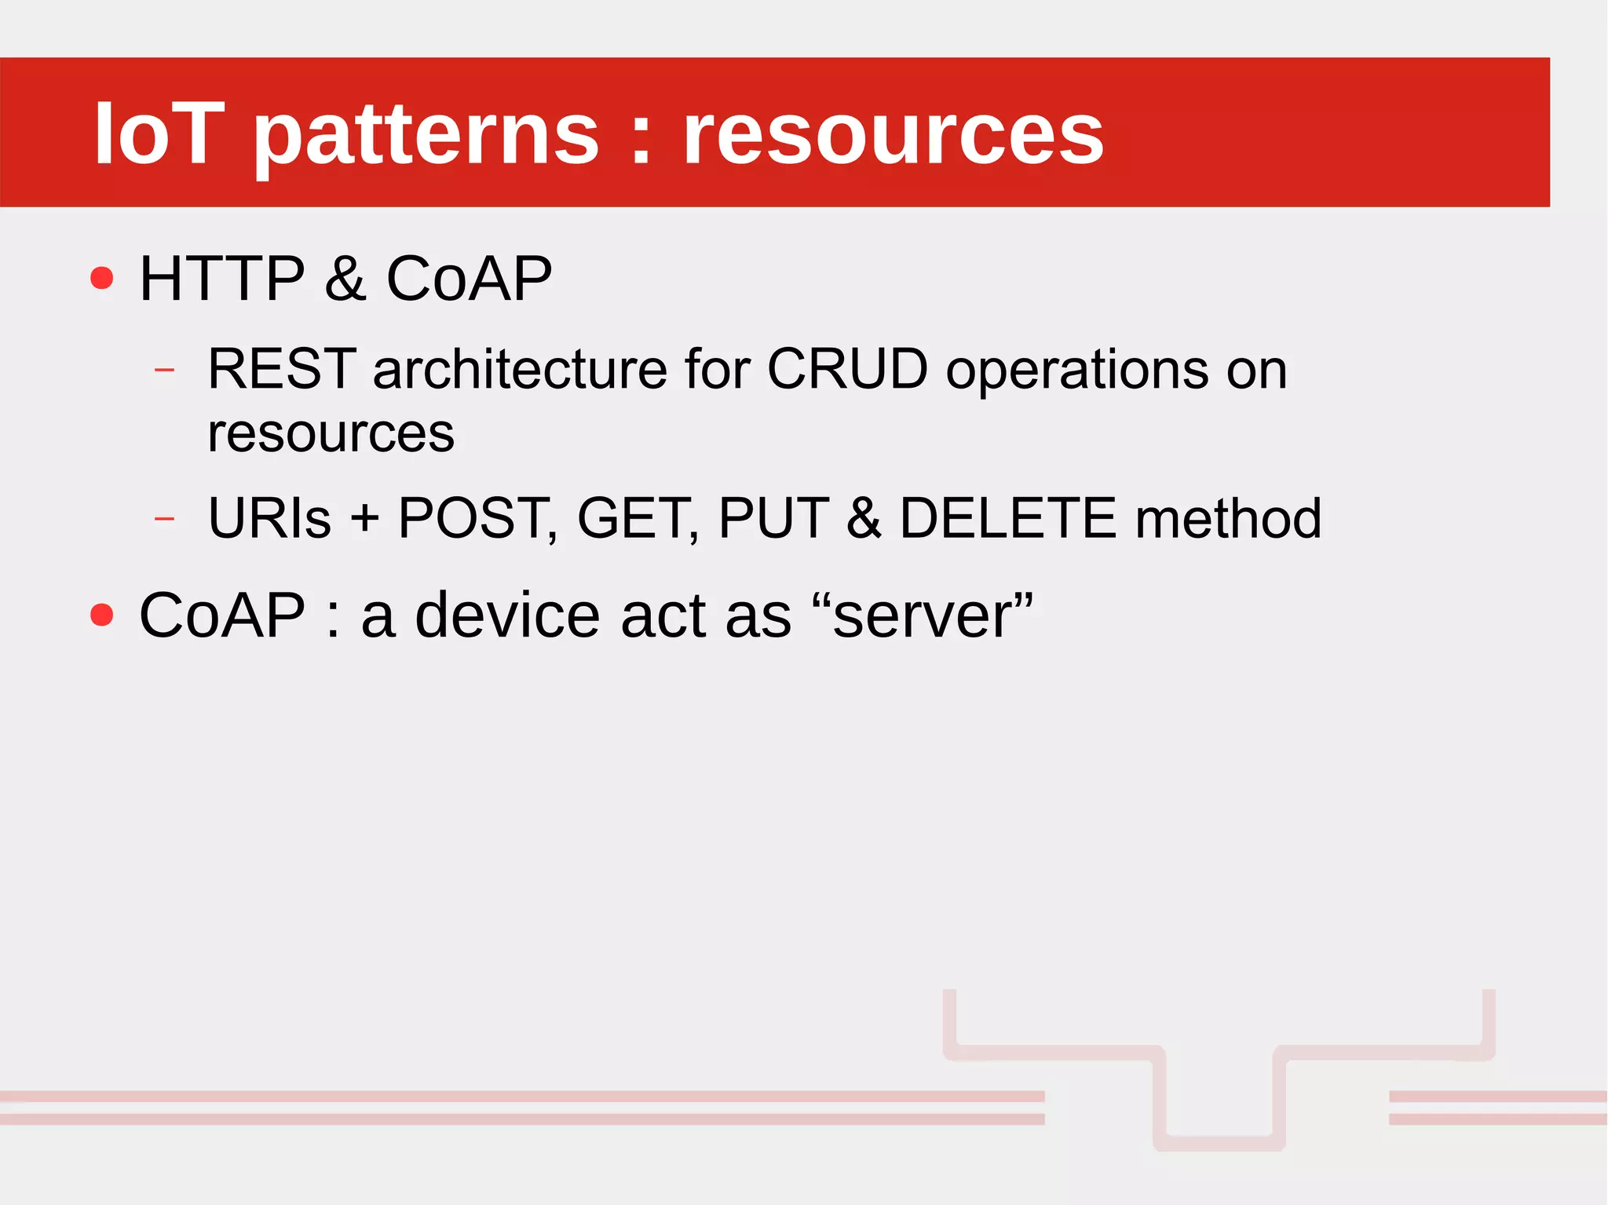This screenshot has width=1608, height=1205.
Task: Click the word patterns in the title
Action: coord(425,134)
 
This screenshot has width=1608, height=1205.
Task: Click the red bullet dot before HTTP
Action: coord(102,278)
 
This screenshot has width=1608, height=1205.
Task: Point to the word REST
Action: coord(282,369)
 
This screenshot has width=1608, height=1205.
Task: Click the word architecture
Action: coord(520,369)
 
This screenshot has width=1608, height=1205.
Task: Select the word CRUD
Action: coord(847,369)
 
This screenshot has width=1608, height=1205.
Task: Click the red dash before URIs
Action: coord(165,519)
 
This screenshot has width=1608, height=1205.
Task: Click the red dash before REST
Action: coord(165,369)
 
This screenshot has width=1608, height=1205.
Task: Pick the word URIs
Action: coord(269,518)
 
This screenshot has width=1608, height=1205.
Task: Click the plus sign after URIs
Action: coord(364,520)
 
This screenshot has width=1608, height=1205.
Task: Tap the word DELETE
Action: coord(1007,518)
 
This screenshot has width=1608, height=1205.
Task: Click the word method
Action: coord(1229,518)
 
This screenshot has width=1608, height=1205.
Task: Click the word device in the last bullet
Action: coord(507,615)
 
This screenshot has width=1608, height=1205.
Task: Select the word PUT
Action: coord(773,518)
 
